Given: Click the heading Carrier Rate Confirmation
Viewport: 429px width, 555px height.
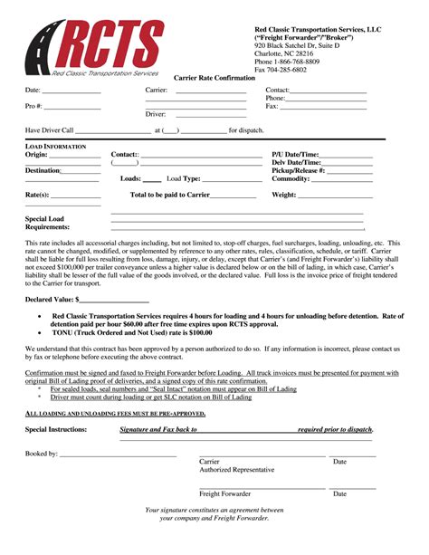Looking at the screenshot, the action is pyautogui.click(x=214, y=78).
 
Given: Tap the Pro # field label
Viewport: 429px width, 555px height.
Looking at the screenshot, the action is pyautogui.click(x=34, y=107).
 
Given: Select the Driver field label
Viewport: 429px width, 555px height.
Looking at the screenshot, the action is pyautogui.click(x=156, y=114).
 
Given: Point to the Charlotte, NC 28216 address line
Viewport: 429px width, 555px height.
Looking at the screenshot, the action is pyautogui.click(x=285, y=53).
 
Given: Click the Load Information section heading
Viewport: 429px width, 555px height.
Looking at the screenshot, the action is pyautogui.click(x=56, y=146).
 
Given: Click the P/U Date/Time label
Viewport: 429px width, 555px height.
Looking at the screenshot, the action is pyautogui.click(x=295, y=155).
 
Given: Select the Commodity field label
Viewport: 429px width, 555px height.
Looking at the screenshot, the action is pyautogui.click(x=291, y=178).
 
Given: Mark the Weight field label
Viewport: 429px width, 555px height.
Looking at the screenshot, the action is pyautogui.click(x=284, y=195).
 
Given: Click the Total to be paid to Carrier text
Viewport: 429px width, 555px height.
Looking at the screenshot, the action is pyautogui.click(x=170, y=195).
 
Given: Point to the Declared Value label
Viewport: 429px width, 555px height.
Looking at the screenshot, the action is pyautogui.click(x=51, y=298).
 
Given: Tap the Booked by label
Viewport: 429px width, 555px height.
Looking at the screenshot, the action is pyautogui.click(x=42, y=453).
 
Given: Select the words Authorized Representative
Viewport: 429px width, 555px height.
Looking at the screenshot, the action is pyautogui.click(x=236, y=470).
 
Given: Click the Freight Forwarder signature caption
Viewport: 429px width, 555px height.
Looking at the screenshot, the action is pyautogui.click(x=225, y=494).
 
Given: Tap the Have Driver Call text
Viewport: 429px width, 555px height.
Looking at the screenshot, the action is pyautogui.click(x=50, y=130).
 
